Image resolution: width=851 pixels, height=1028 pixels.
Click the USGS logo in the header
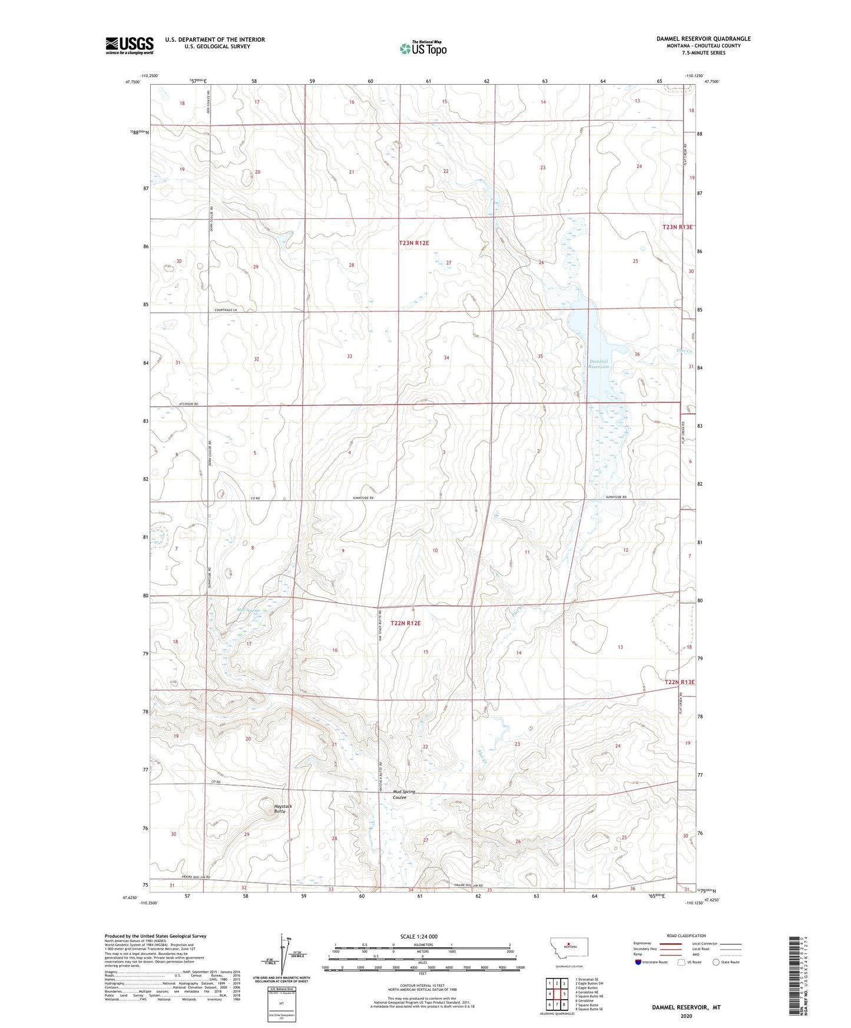click(x=129, y=45)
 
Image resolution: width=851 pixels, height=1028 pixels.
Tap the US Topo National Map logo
click(x=423, y=48)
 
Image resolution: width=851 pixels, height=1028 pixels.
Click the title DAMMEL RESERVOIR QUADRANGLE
click(x=703, y=39)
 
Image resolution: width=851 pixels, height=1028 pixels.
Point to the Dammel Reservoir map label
click(x=601, y=364)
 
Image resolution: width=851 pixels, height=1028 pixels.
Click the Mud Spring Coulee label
click(x=404, y=794)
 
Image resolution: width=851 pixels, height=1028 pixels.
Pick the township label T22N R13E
click(x=680, y=682)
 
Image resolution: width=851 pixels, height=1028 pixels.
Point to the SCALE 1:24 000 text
click(x=419, y=936)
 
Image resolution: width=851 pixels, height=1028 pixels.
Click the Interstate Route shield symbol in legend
click(x=639, y=962)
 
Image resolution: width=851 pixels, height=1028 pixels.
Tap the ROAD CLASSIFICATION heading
click(x=686, y=936)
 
